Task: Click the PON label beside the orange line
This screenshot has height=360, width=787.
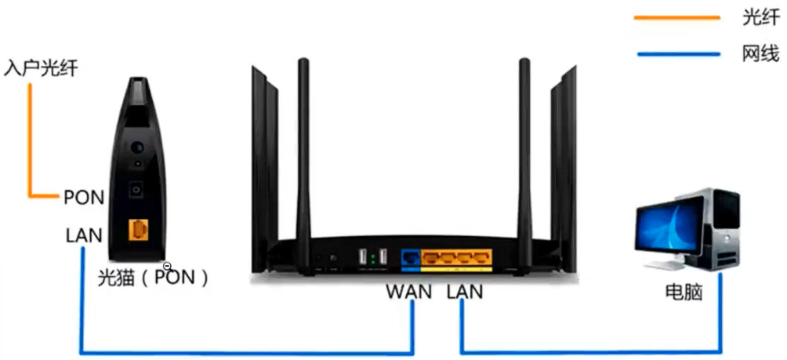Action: pyautogui.click(x=83, y=197)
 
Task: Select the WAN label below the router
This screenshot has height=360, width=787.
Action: pyautogui.click(x=409, y=292)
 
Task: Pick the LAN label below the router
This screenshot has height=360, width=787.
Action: pyautogui.click(x=465, y=292)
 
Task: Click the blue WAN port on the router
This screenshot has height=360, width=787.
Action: pyautogui.click(x=411, y=257)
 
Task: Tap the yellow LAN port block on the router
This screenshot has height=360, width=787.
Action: pyautogui.click(x=457, y=257)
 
